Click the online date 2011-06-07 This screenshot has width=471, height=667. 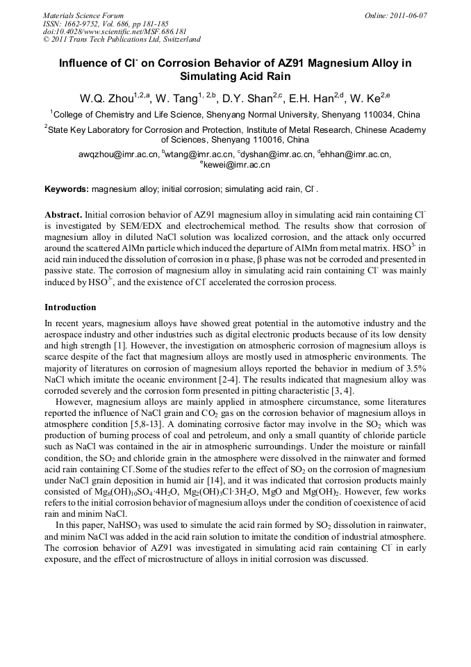[x=406, y=15]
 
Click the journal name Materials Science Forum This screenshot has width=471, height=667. [x=83, y=15]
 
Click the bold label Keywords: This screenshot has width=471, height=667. [x=67, y=188]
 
